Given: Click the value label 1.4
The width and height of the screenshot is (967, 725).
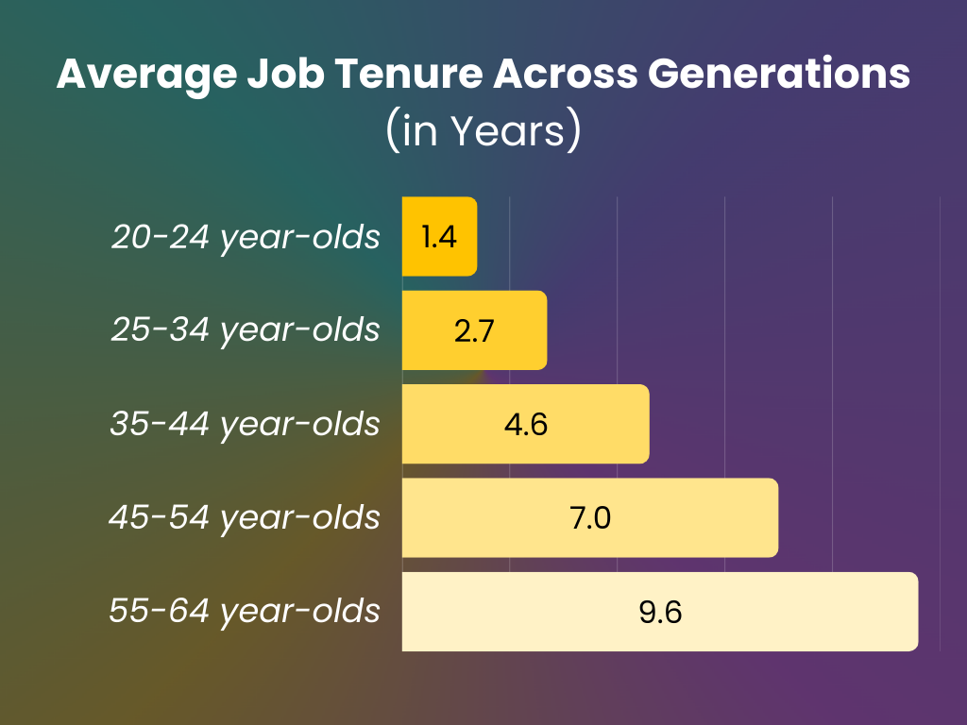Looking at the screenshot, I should (x=439, y=236).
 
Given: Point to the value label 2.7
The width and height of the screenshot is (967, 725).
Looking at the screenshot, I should (x=474, y=330).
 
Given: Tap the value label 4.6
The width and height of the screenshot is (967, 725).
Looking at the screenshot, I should (x=526, y=424).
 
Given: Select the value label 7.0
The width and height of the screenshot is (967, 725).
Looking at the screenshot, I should (x=590, y=517).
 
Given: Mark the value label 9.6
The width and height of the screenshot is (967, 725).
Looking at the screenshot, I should (x=660, y=612).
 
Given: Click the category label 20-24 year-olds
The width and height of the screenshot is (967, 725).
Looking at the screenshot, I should (x=246, y=237).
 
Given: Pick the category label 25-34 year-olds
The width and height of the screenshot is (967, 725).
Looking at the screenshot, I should (x=246, y=330).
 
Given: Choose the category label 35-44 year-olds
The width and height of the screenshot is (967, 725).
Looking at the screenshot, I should (x=246, y=424).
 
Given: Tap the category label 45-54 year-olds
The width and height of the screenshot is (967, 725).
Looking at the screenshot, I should (x=246, y=517).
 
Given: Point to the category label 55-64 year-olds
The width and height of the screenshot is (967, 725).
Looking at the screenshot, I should (x=246, y=612).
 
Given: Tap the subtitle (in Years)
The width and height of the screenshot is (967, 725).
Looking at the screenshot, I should (x=483, y=131).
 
